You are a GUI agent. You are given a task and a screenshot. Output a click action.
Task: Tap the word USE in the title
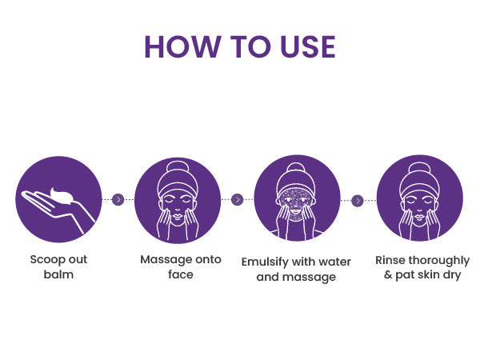click(308, 46)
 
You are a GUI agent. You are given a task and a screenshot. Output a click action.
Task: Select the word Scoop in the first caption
click(47, 260)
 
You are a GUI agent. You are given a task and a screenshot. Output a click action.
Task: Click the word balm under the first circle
click(58, 274)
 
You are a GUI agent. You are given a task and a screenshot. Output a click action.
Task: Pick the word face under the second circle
click(181, 274)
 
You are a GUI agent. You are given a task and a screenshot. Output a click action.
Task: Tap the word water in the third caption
click(334, 262)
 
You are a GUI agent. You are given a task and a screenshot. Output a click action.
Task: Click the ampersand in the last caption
click(388, 274)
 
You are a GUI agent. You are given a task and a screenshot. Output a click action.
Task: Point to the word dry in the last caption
click(452, 275)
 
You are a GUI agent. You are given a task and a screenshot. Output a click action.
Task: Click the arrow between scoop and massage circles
click(118, 199)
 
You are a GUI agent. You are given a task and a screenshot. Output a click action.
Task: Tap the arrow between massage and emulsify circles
click(238, 199)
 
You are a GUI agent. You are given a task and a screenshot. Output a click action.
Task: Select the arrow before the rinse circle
click(358, 201)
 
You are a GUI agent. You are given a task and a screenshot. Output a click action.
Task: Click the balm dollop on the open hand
click(62, 196)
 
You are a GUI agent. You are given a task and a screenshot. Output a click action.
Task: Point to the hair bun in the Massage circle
click(178, 167)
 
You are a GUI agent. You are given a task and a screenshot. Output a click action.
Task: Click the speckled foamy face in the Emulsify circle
click(296, 203)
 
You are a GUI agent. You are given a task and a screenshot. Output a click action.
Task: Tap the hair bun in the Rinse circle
click(419, 168)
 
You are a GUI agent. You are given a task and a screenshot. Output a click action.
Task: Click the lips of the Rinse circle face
click(419, 217)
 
